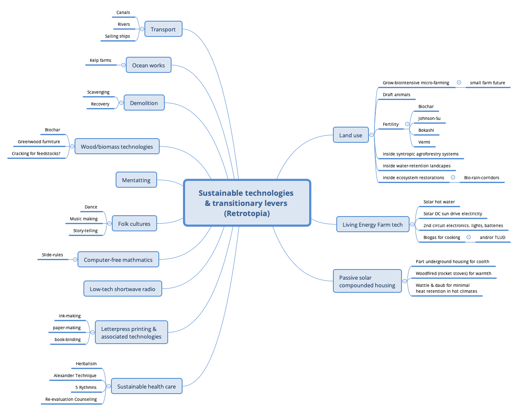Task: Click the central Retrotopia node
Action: tap(247, 203)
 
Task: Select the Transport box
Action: tap(163, 29)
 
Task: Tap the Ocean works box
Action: tap(148, 65)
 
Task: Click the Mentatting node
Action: tap(136, 180)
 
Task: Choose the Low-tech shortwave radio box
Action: tap(122, 289)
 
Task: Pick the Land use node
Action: tap(350, 135)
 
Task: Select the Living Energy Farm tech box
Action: tap(372, 225)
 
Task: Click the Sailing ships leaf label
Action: tap(118, 36)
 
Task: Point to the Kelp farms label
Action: tap(100, 61)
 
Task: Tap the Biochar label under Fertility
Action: tap(426, 106)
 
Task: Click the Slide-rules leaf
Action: tap(53, 255)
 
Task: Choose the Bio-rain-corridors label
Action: tap(482, 178)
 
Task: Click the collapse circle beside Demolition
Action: tap(121, 103)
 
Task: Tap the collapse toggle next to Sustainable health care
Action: tap(108, 386)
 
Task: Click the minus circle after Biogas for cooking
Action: tap(468, 237)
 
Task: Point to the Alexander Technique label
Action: tap(75, 375)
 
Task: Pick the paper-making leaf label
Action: tap(66, 328)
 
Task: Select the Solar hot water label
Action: tap(439, 202)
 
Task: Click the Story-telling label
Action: tap(85, 231)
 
